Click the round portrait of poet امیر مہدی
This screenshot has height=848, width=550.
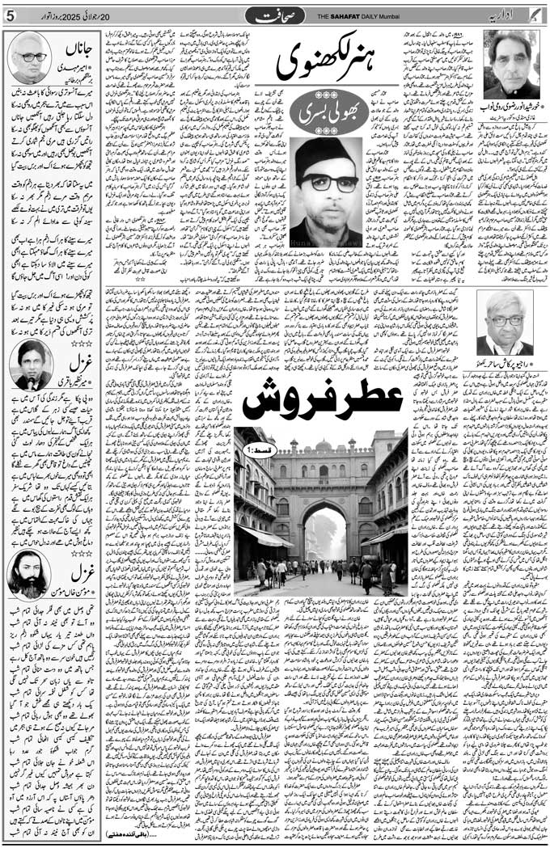pyautogui.click(x=27, y=57)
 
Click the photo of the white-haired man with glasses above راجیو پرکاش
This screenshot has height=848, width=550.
pyautogui.click(x=506, y=323)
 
